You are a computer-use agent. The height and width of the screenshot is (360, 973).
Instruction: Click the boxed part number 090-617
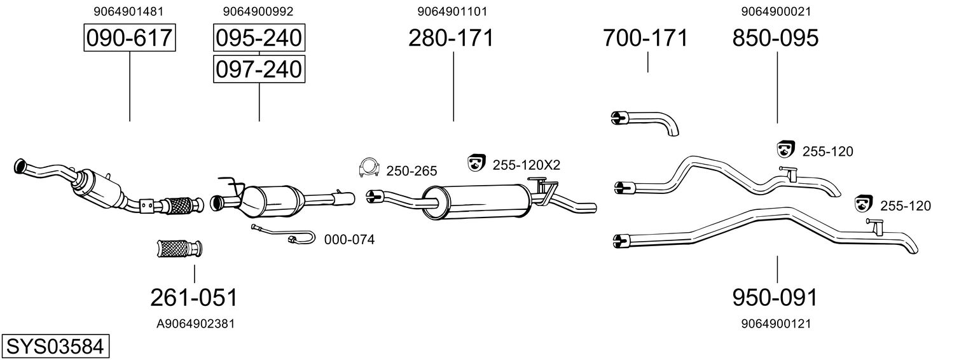(x=130, y=38)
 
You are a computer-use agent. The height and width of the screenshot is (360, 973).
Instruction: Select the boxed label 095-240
(x=259, y=38)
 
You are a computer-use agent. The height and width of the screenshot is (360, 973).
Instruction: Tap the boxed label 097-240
(x=259, y=69)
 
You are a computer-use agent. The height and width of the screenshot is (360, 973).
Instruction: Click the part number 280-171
(x=451, y=38)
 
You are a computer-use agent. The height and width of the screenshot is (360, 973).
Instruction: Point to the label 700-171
(x=645, y=38)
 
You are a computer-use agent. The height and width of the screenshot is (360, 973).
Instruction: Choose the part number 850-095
(x=775, y=38)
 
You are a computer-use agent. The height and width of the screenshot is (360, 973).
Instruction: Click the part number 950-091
(x=775, y=298)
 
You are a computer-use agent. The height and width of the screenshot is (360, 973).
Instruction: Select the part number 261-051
(x=194, y=298)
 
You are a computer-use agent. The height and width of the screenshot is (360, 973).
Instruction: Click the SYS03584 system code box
(x=55, y=347)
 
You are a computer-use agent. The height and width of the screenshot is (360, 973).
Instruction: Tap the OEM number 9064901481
(x=128, y=11)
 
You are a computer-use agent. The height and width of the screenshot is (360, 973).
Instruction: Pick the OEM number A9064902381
(x=195, y=324)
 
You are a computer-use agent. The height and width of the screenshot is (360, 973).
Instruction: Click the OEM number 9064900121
(x=776, y=324)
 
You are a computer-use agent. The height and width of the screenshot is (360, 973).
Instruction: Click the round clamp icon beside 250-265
(x=369, y=167)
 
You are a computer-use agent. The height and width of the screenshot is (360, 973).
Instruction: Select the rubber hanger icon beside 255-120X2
(x=476, y=162)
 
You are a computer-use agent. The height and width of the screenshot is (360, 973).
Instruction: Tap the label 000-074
(x=349, y=240)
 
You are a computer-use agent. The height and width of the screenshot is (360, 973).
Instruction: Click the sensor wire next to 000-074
(x=283, y=235)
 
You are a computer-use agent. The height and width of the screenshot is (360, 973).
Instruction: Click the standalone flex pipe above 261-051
(x=179, y=249)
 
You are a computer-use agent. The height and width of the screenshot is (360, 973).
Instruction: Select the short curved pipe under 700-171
(x=645, y=123)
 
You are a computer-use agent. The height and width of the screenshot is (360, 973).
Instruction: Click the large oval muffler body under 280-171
(x=476, y=202)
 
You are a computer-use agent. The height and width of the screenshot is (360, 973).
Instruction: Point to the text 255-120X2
(x=526, y=165)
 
